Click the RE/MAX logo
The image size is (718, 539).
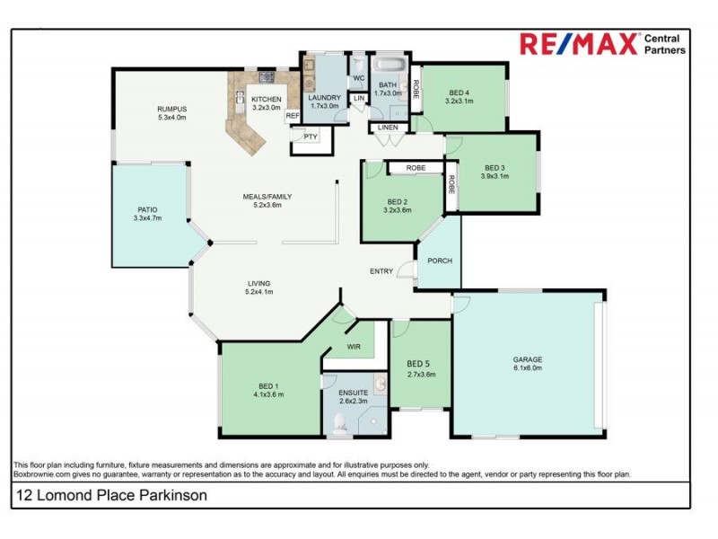click(x=580, y=44)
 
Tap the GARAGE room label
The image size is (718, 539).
click(x=527, y=359)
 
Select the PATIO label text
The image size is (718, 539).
click(x=147, y=209)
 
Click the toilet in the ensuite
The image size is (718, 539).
click(x=340, y=425)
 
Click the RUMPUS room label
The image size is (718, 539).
click(x=171, y=109)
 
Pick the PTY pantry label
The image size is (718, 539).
click(x=311, y=136)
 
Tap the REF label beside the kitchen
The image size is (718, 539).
click(x=292, y=116)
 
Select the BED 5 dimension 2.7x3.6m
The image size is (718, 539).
click(x=421, y=375)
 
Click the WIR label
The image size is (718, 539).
click(x=354, y=345)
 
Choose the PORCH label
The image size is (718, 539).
click(x=440, y=261)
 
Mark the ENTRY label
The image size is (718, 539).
click(x=381, y=271)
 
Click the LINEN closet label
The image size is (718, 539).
click(x=387, y=128)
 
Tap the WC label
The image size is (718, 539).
click(x=357, y=78)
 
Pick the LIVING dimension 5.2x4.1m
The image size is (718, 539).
click(x=259, y=292)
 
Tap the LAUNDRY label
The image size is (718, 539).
click(x=324, y=97)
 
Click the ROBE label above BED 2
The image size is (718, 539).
click(x=415, y=168)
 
